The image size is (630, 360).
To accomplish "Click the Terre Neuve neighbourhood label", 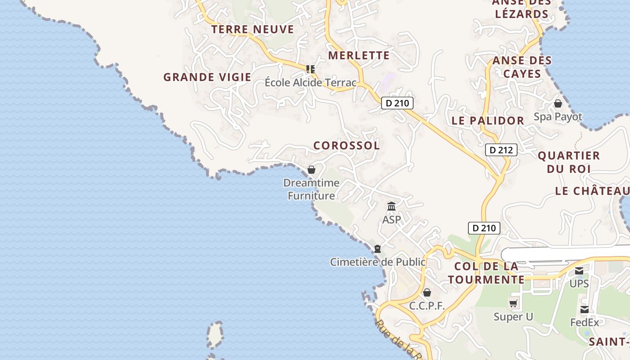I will [252, 30].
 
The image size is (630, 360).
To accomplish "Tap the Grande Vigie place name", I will [207, 77].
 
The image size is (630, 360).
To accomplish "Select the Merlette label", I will [359, 55].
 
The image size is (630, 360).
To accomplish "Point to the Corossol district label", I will [346, 145].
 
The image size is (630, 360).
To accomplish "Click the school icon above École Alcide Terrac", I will [310, 69].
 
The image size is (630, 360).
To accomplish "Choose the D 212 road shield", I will [501, 150].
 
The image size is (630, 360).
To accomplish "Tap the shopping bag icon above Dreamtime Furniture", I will [311, 170].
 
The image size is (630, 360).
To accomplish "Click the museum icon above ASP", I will [391, 207].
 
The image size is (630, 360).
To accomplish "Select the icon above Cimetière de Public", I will [378, 249].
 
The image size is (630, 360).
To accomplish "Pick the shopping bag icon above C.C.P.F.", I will [427, 293].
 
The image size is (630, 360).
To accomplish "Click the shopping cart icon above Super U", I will [513, 304].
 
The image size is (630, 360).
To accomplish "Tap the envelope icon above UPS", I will [579, 271].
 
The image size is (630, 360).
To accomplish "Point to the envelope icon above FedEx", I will [584, 310].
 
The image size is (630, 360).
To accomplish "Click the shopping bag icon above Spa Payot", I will [558, 103].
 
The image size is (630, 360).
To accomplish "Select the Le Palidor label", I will [488, 121].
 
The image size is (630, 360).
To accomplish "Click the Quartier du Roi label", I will [569, 162].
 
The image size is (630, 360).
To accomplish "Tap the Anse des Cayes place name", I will [522, 67].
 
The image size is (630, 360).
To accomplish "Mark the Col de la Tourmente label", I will [486, 273].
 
